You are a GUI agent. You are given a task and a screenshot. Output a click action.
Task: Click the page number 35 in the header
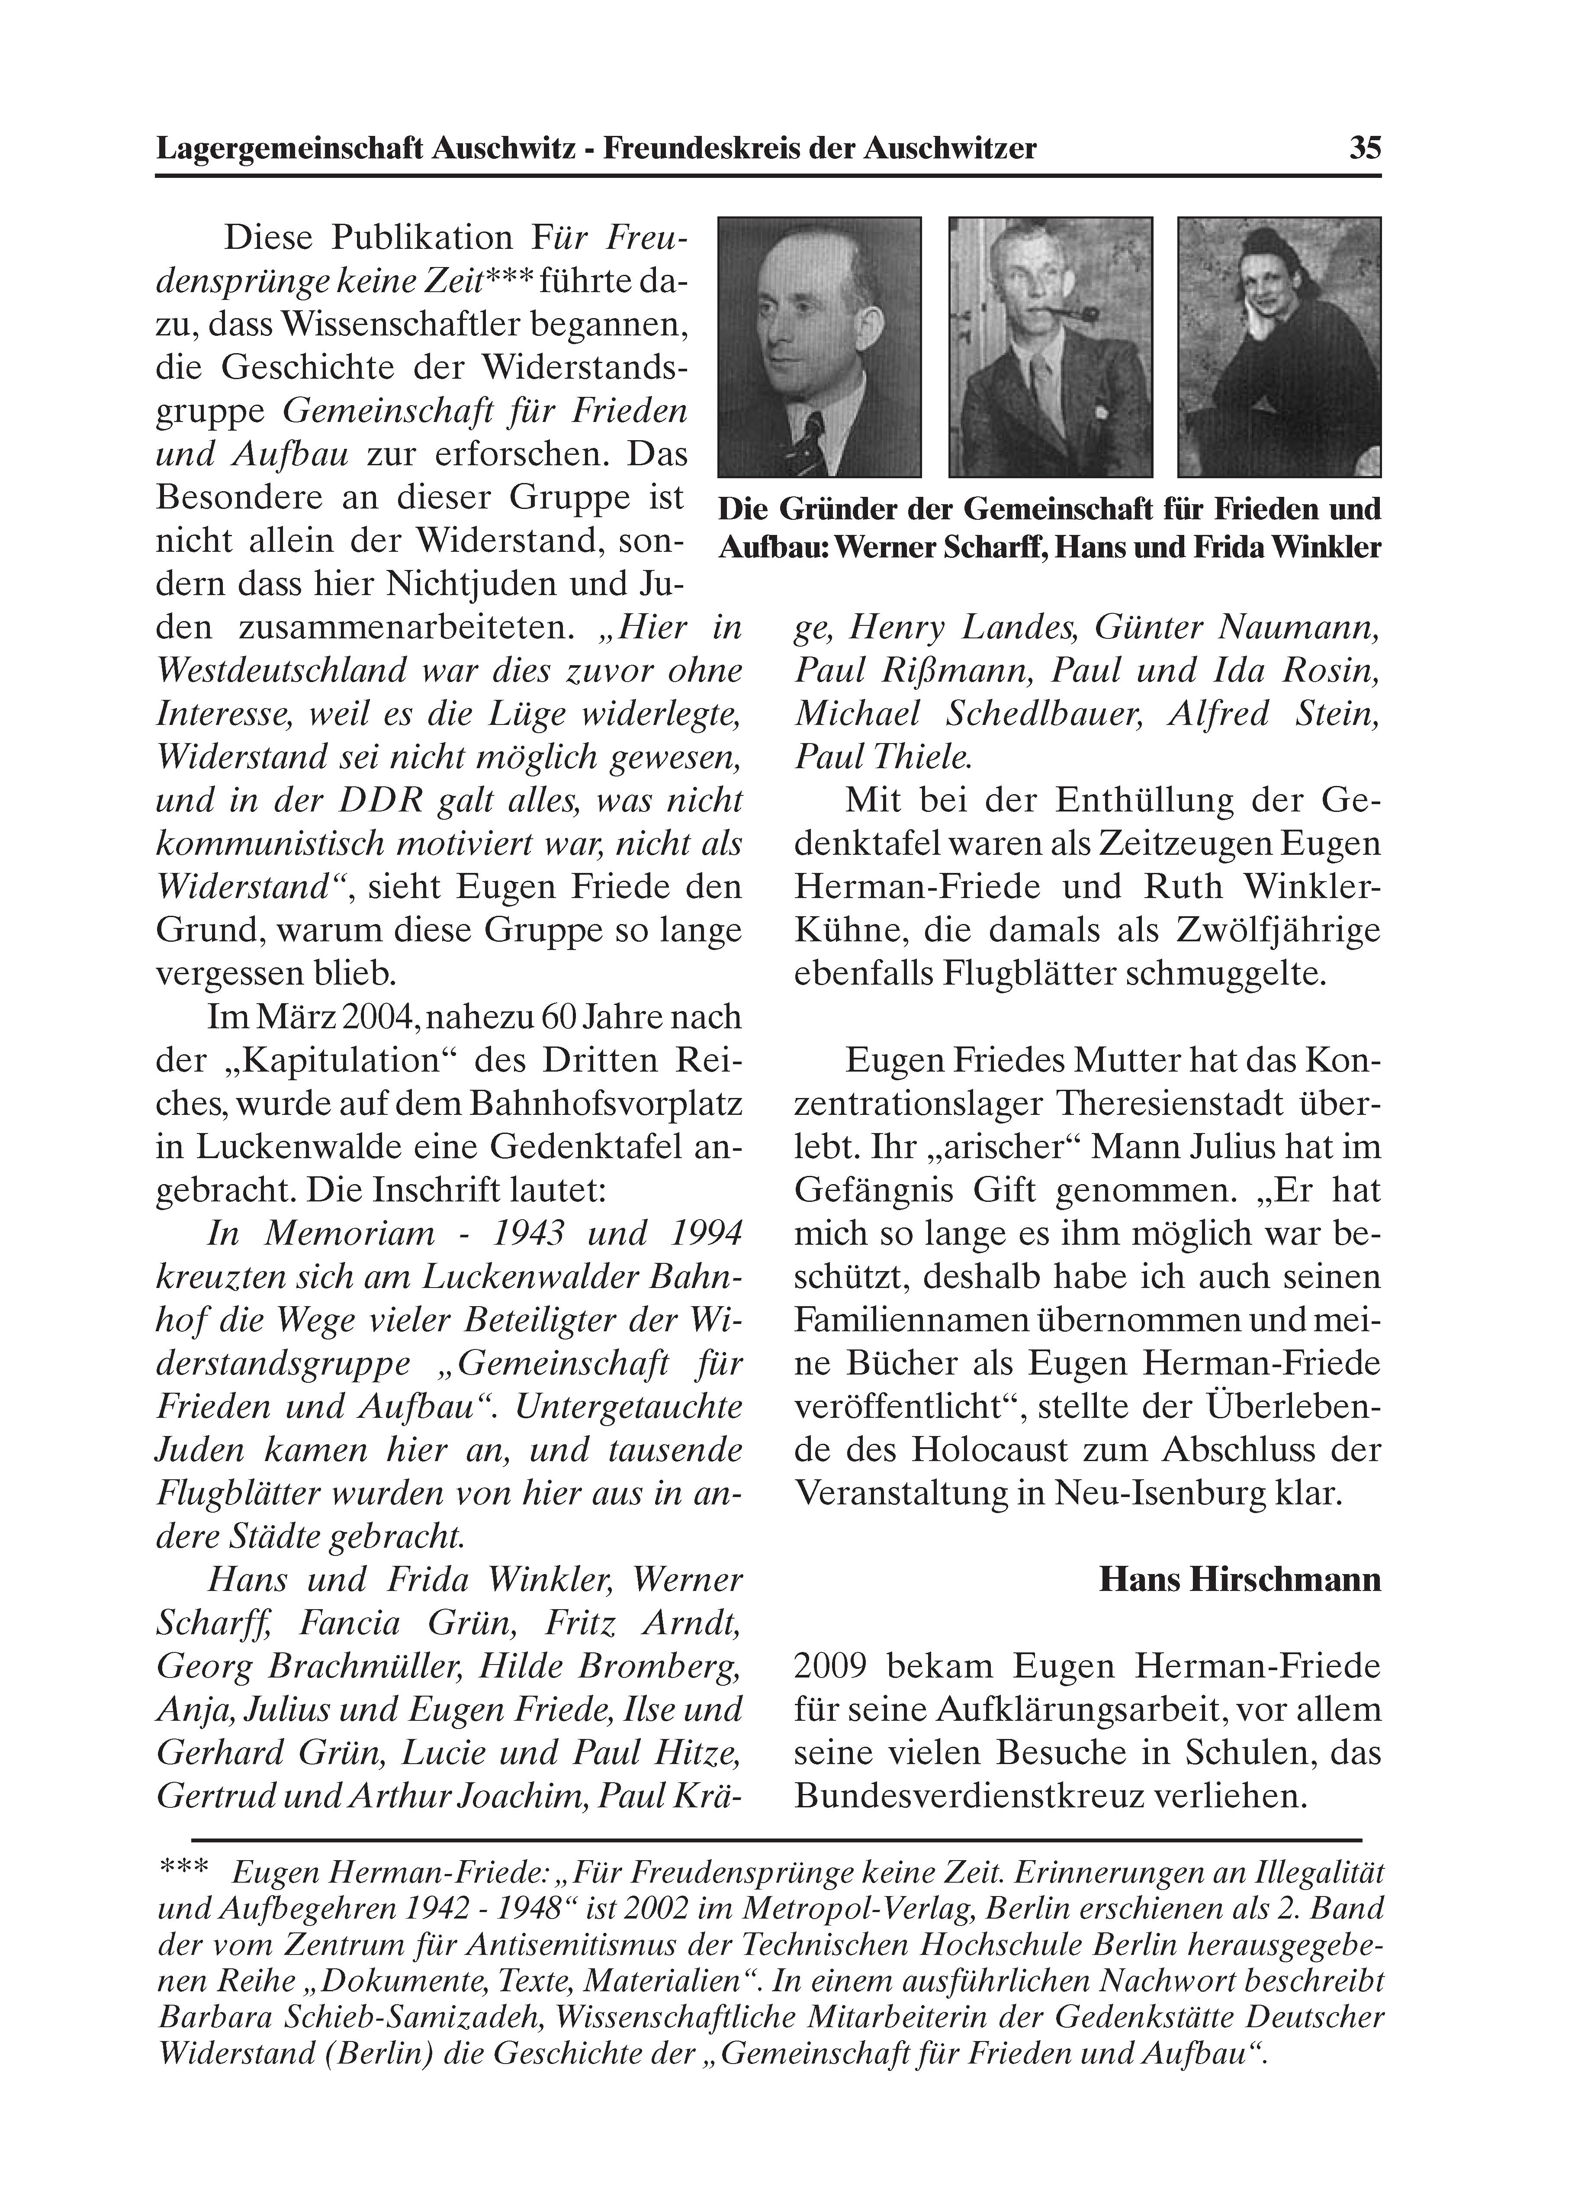coord(1364,149)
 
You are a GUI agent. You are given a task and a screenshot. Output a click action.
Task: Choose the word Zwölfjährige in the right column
coord(1278,931)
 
